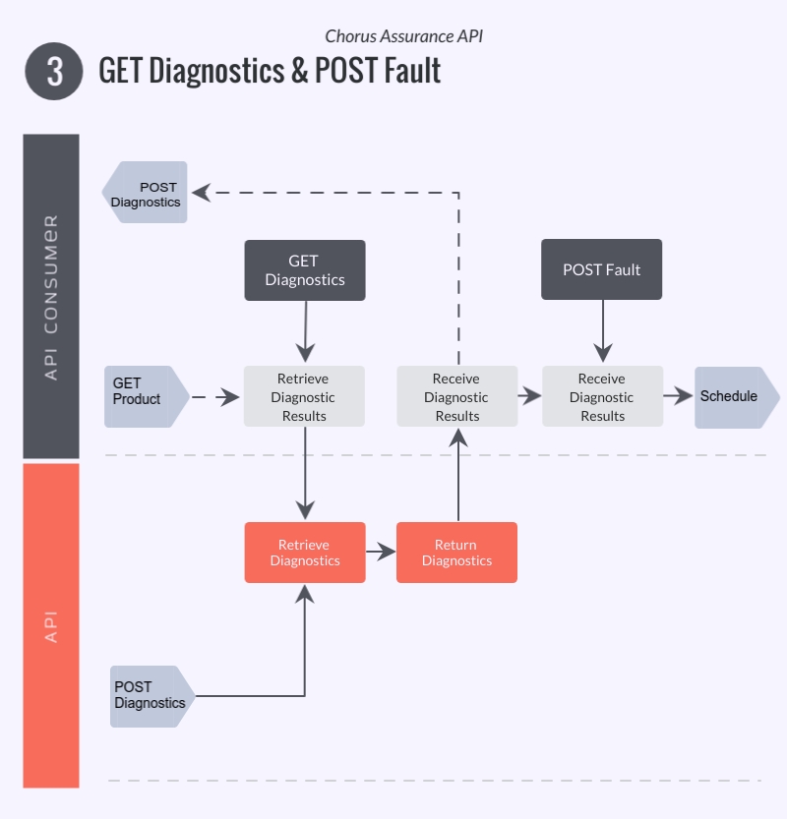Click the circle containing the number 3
coord(53,72)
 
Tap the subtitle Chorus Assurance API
coord(403,36)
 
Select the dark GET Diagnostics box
coord(304,270)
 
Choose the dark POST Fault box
coord(601,269)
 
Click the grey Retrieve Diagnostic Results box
coord(304,396)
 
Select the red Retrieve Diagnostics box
coord(304,553)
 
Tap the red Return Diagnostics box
coord(456,553)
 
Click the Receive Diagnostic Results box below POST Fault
coord(602,396)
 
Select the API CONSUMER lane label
coord(51,296)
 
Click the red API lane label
coord(51,625)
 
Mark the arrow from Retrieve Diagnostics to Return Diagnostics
coord(380,553)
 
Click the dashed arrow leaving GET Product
coord(214,397)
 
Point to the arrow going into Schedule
coord(678,396)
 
